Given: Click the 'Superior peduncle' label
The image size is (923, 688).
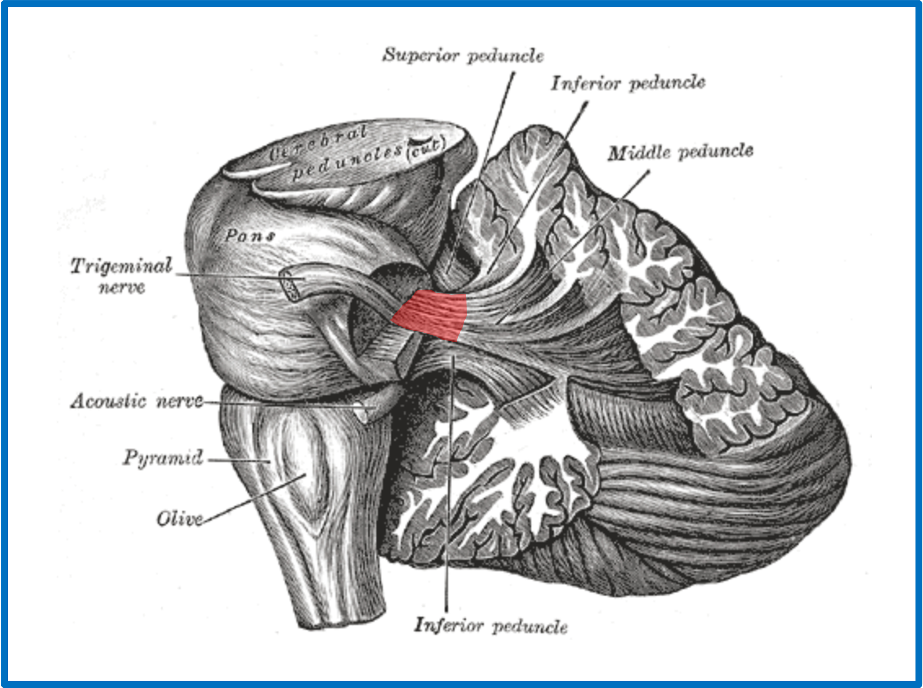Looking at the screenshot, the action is point(463,56).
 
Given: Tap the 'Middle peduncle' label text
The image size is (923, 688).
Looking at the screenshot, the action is point(680,153).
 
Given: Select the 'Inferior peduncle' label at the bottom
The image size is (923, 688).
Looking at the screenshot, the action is point(491,626).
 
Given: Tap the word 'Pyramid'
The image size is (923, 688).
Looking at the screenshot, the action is point(163,458).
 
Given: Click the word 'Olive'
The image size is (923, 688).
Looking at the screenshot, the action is point(180,519).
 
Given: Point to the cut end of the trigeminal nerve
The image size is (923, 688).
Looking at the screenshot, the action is point(290,284).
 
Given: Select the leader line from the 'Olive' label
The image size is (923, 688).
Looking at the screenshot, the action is point(254,498).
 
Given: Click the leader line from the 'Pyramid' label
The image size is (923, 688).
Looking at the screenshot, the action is point(239,461).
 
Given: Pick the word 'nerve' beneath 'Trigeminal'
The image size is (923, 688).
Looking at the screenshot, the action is point(122,287).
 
